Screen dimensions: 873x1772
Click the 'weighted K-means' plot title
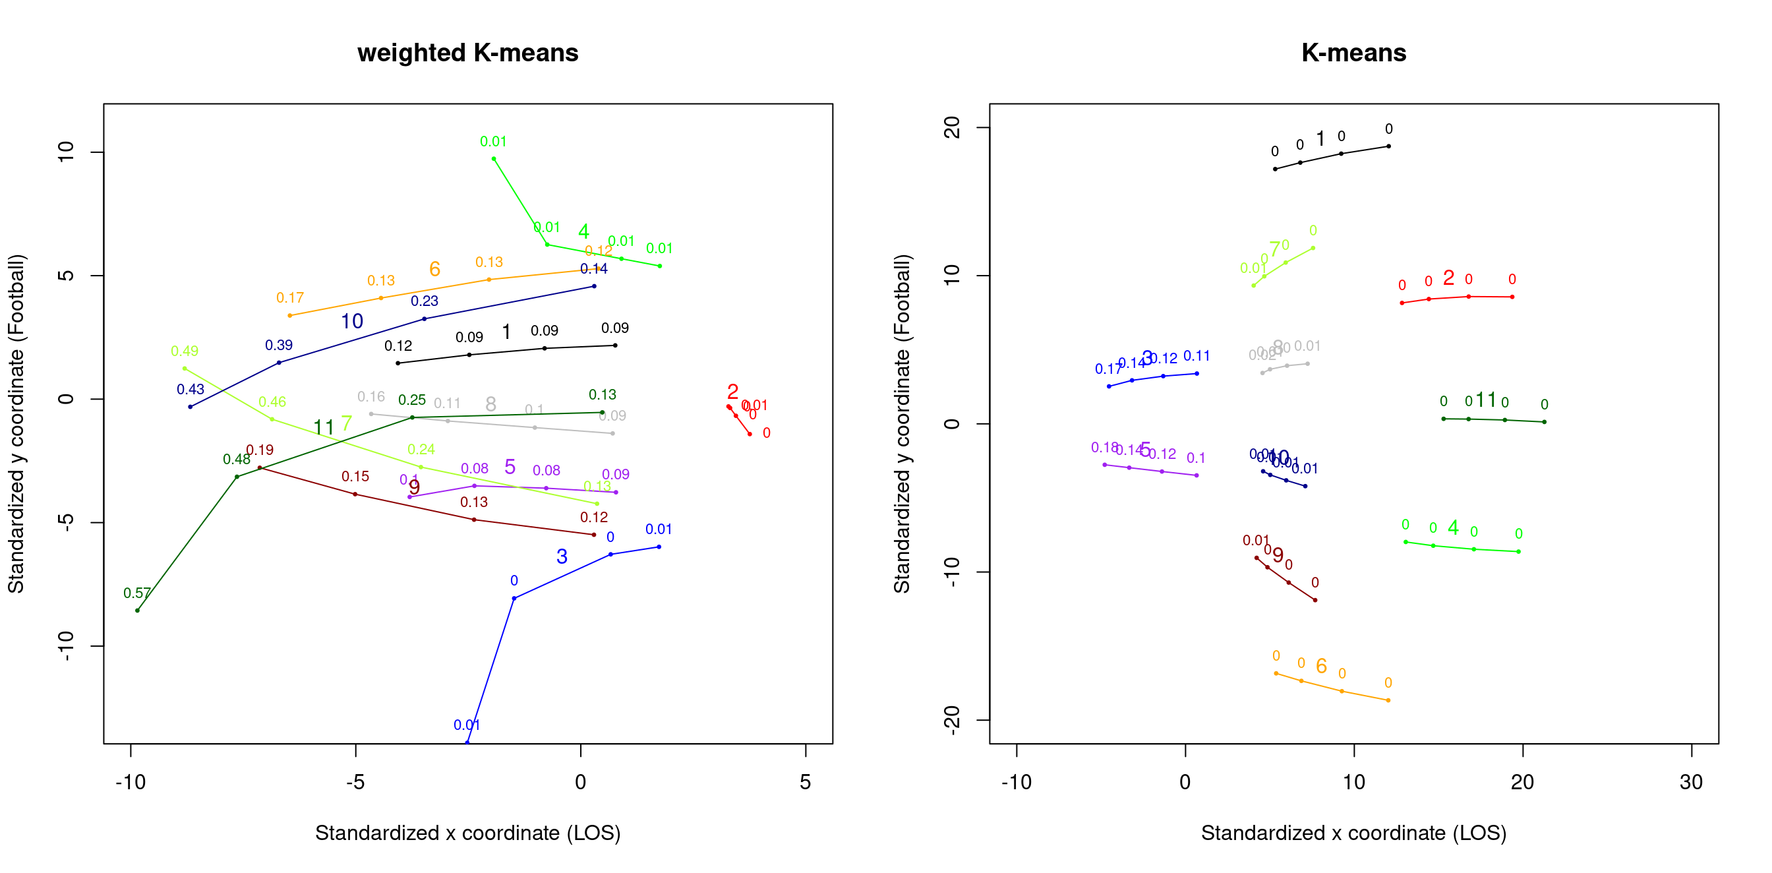click(x=468, y=53)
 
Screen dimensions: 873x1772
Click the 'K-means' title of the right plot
click(x=1353, y=53)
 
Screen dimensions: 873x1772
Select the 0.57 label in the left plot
click(x=137, y=593)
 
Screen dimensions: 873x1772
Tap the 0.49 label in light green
click(x=185, y=351)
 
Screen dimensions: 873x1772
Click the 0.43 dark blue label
click(x=191, y=390)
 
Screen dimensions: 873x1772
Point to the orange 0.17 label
click(x=289, y=298)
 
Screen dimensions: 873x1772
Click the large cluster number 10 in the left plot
click(x=352, y=321)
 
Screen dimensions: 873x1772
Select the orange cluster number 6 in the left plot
click(x=434, y=269)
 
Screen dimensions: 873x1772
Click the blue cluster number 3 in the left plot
click(x=562, y=557)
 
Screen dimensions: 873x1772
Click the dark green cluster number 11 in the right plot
click(x=1486, y=400)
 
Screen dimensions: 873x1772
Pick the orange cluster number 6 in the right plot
click(x=1322, y=666)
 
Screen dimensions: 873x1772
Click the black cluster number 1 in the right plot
click(x=1320, y=139)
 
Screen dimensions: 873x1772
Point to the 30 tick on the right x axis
click(x=1691, y=782)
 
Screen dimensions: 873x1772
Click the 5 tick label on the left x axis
click(x=806, y=782)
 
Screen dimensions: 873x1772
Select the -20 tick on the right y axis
click(x=951, y=720)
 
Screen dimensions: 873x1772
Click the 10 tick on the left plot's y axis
click(x=66, y=152)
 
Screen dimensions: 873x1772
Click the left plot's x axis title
click(x=468, y=833)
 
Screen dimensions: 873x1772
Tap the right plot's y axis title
click(x=902, y=424)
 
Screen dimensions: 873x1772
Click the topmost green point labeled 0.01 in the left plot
click(x=494, y=159)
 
